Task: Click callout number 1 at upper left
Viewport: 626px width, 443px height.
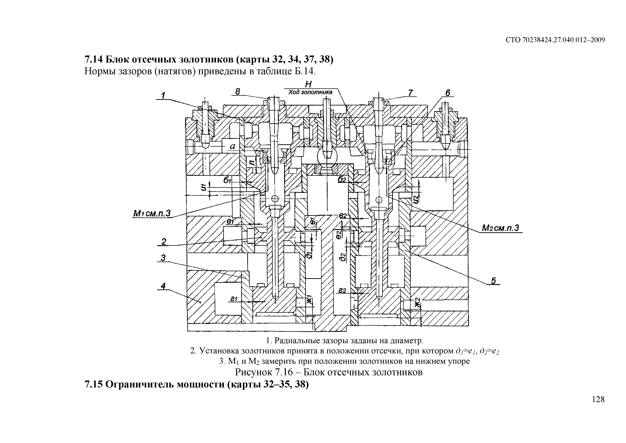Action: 163,96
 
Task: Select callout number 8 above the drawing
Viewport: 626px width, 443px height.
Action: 238,92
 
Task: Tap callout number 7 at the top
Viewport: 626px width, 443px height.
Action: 411,93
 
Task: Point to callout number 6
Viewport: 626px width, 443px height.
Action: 448,93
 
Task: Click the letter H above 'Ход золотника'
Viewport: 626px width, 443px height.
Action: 308,84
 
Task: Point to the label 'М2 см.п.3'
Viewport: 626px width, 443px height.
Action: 501,228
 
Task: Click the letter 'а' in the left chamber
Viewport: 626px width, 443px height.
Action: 232,146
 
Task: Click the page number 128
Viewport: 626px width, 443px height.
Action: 598,399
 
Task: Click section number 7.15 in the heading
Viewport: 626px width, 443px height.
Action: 94,384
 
